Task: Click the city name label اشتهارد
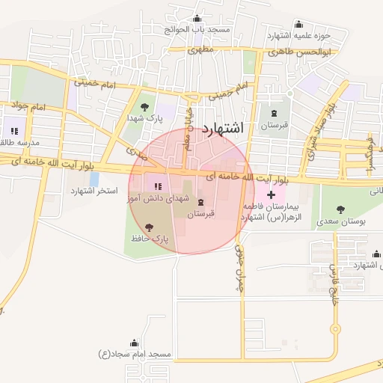click(223, 128)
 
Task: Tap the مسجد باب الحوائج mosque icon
click(197, 19)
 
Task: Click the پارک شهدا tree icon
click(144, 107)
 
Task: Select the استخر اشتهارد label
click(95, 191)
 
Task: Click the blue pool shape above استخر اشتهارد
click(94, 179)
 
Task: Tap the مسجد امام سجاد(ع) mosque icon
click(135, 341)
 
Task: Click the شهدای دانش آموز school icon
click(157, 186)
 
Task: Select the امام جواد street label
click(30, 107)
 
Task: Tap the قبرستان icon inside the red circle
click(200, 202)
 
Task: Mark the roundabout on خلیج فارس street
click(335, 328)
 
